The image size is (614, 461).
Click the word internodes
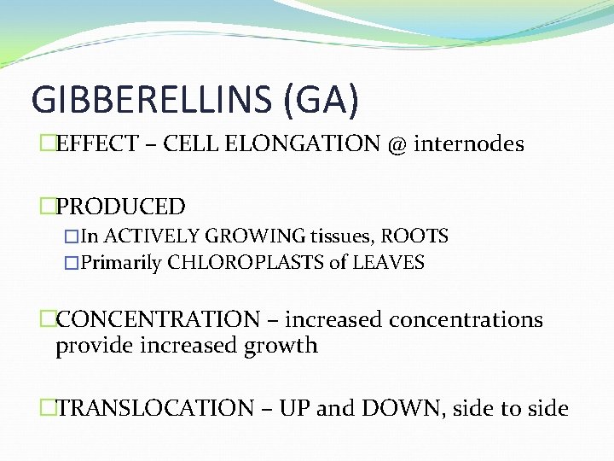pos(469,144)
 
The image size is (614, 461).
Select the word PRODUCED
pos(120,207)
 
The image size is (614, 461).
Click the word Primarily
pos(121,263)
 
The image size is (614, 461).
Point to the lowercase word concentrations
pos(466,320)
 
